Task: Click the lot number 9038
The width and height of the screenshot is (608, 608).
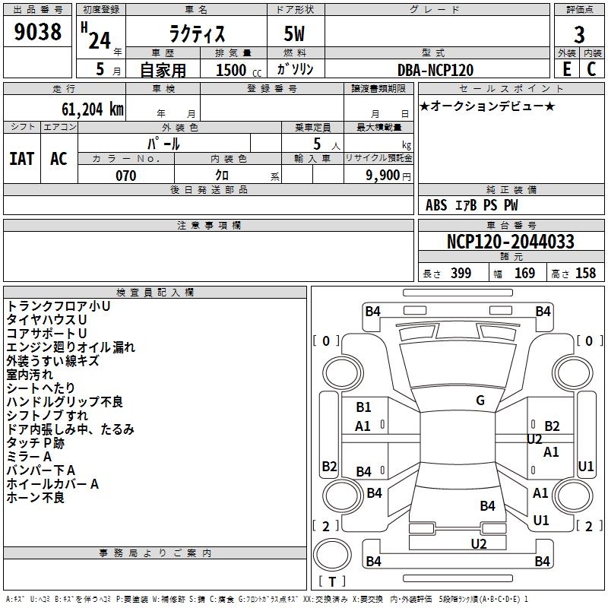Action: (38, 33)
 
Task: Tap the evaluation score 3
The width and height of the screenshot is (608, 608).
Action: (579, 34)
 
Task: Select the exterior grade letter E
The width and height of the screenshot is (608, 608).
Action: (566, 68)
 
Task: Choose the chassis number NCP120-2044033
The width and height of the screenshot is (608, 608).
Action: (510, 242)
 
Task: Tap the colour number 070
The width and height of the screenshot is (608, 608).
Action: (126, 176)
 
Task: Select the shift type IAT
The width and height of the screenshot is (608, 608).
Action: (21, 158)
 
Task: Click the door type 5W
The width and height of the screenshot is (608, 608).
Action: (296, 34)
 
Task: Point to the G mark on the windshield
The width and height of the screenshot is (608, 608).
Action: (480, 401)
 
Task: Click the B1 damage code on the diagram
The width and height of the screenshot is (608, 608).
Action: (363, 407)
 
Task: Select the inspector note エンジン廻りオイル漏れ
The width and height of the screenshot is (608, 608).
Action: (71, 347)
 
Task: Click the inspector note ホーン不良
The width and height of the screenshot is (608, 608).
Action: (36, 498)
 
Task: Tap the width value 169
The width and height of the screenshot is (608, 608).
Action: (525, 274)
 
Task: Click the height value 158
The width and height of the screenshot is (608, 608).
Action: (585, 274)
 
